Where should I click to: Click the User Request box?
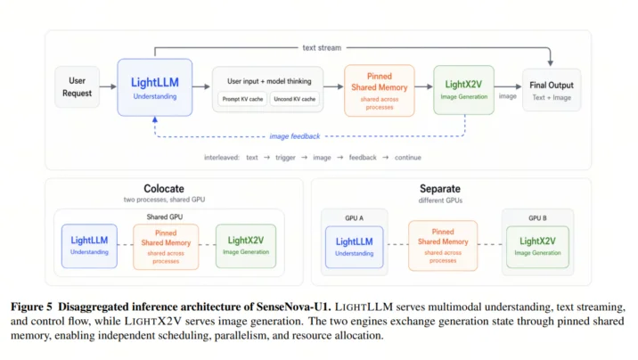tap(77, 86)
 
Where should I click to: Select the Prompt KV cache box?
tap(242, 99)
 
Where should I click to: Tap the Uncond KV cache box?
tap(295, 99)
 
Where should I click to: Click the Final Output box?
tap(552, 90)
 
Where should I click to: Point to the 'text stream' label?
tap(322, 47)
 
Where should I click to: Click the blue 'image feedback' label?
tap(295, 136)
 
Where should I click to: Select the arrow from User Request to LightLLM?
tap(108, 86)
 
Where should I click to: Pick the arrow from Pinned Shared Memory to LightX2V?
tap(424, 86)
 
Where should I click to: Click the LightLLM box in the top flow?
tap(155, 87)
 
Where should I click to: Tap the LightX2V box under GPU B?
tap(537, 247)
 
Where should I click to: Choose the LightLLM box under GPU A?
tap(354, 247)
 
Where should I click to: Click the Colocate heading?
tap(164, 189)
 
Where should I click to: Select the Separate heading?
tap(440, 189)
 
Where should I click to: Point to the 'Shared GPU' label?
tap(164, 217)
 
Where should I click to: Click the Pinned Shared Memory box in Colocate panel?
tap(166, 247)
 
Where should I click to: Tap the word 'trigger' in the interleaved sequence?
tap(285, 158)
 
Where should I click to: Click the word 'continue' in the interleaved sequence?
tap(408, 158)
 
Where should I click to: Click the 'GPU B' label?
tap(537, 218)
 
